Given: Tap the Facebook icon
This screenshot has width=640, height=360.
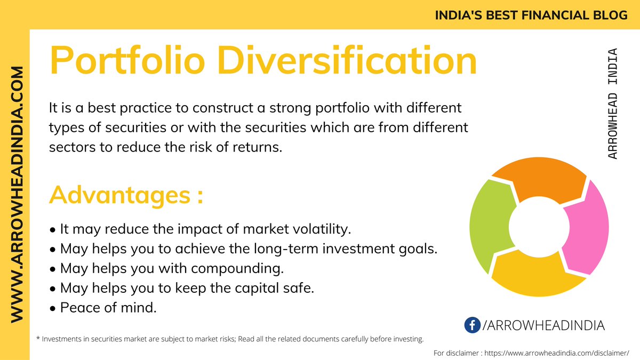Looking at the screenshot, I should pyautogui.click(x=472, y=325).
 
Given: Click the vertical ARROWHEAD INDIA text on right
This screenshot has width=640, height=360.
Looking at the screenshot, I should pyautogui.click(x=613, y=103).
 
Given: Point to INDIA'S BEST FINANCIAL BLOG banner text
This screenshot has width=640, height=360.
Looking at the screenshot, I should pyautogui.click(x=531, y=15).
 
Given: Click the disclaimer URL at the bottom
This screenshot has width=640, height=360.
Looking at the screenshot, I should pyautogui.click(x=551, y=353).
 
